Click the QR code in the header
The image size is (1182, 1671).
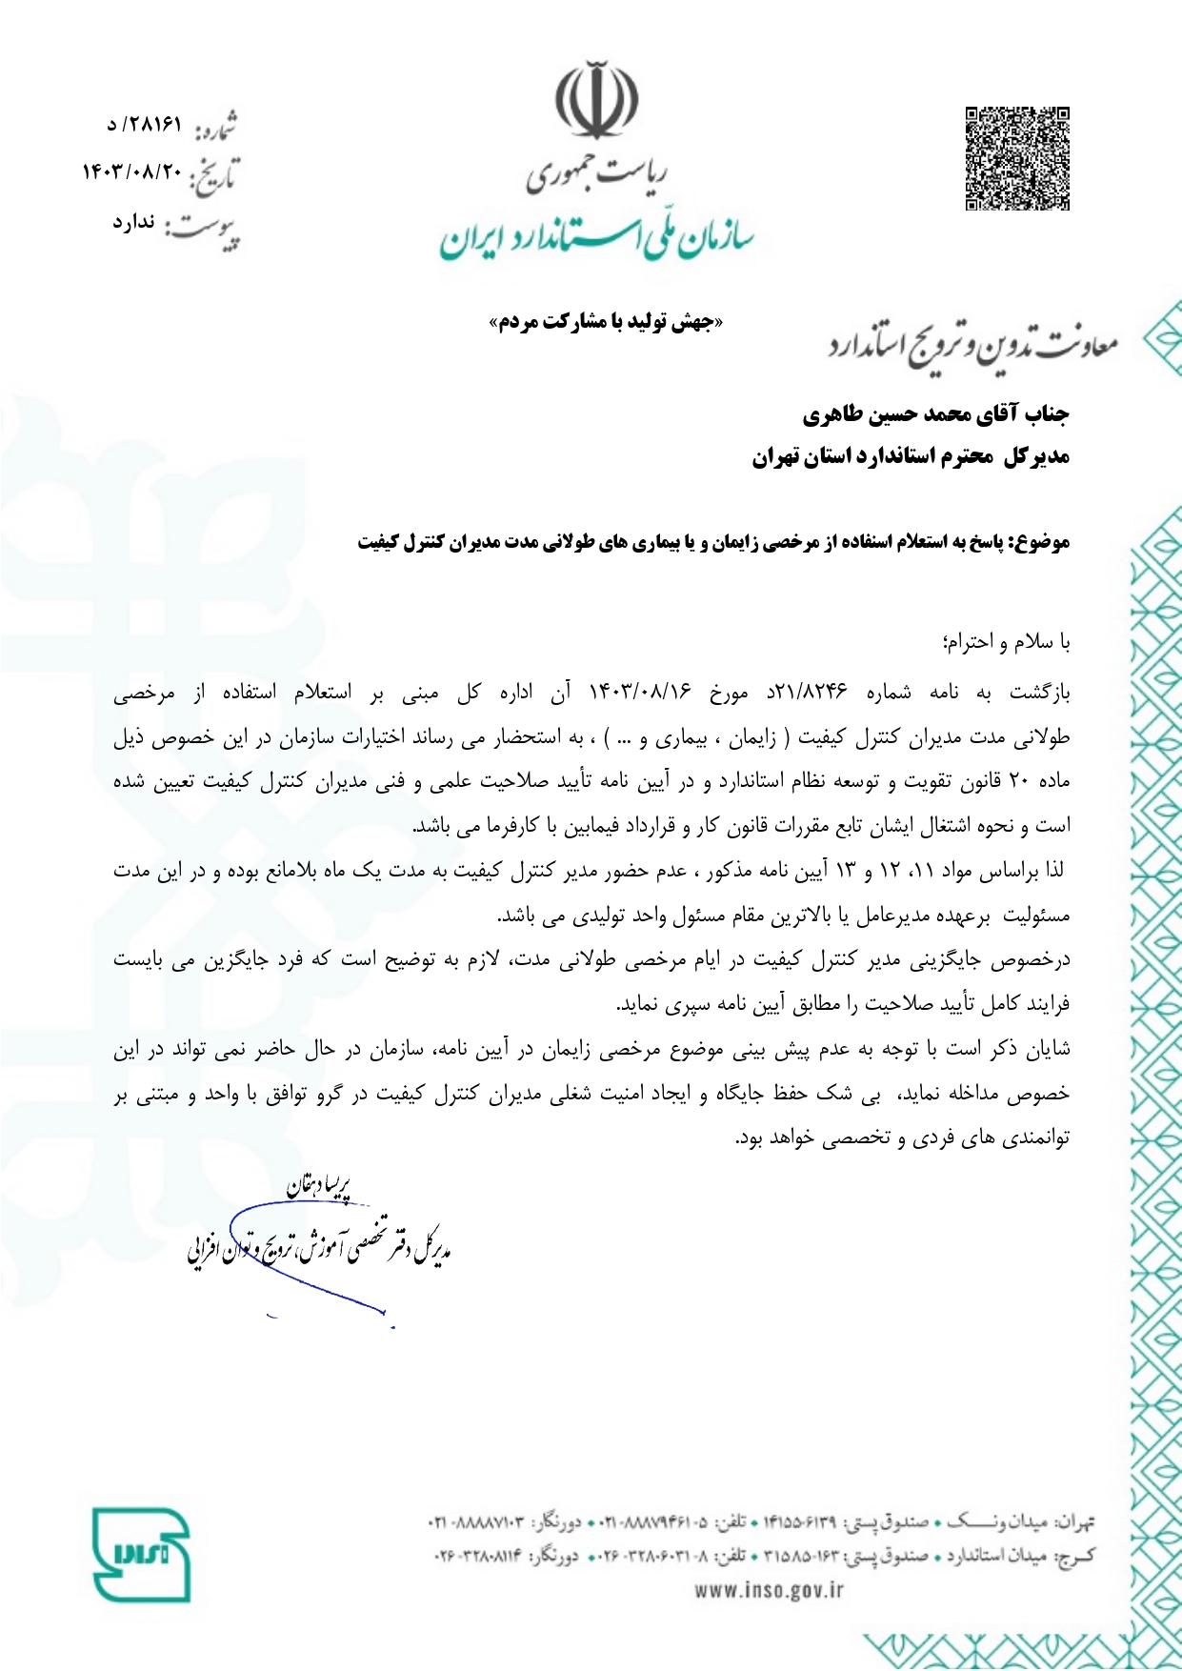pyautogui.click(x=1017, y=158)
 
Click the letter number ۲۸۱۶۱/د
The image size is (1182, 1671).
pyautogui.click(x=144, y=124)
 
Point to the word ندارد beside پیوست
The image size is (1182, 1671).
pyautogui.click(x=134, y=222)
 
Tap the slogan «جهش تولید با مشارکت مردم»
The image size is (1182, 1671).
pyautogui.click(x=606, y=323)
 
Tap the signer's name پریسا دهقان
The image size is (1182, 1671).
pyautogui.click(x=319, y=1186)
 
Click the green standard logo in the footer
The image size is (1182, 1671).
pyautogui.click(x=142, y=1554)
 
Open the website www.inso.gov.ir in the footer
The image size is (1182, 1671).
pyautogui.click(x=769, y=1589)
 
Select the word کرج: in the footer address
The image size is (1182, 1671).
pyautogui.click(x=1078, y=1556)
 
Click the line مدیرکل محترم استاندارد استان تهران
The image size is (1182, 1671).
pyautogui.click(x=910, y=458)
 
